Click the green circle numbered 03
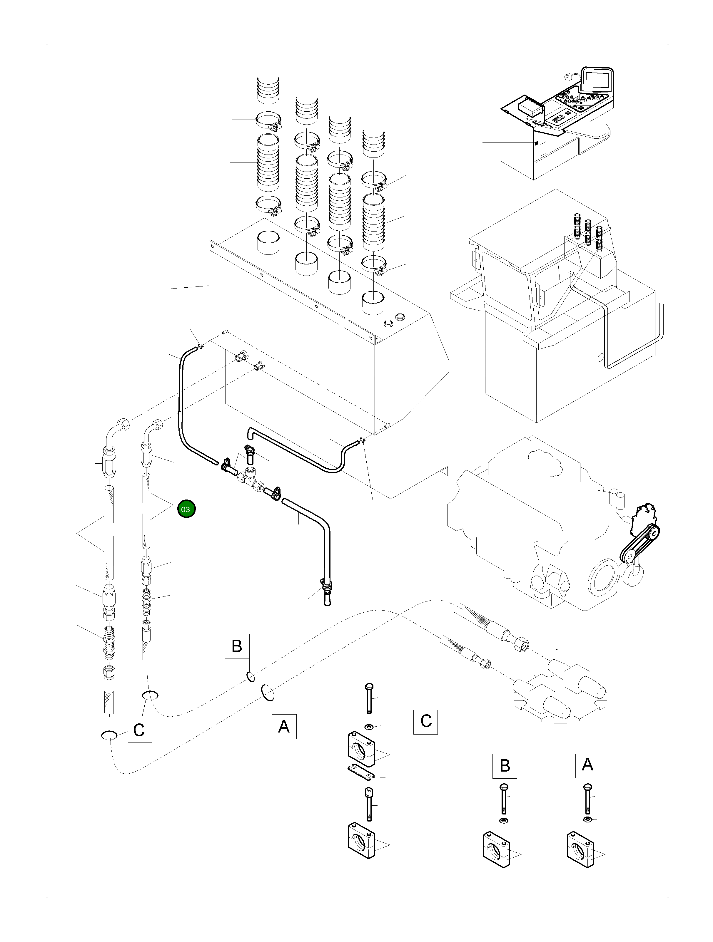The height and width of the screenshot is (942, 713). [x=186, y=509]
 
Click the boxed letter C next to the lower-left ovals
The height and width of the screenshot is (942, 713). [x=140, y=730]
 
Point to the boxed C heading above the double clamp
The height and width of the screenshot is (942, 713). [x=425, y=721]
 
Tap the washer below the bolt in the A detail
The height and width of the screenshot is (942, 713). [x=588, y=820]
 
